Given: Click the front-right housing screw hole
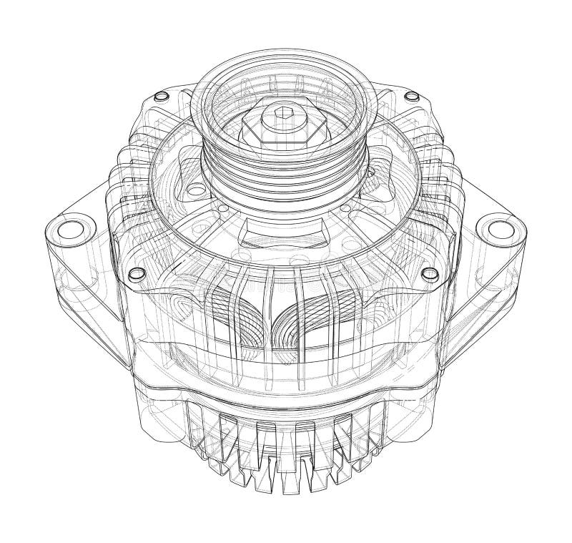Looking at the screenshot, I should (429, 274).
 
